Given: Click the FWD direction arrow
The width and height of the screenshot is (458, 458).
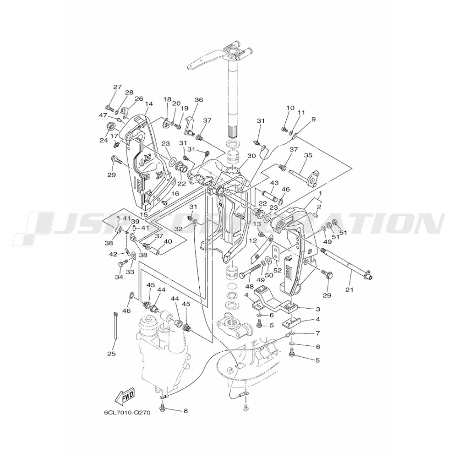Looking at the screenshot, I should (x=125, y=396).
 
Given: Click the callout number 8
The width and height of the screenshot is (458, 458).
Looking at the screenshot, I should (x=185, y=410).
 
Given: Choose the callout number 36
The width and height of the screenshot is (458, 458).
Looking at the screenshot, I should (x=198, y=100).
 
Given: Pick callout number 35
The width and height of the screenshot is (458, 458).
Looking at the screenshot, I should (x=308, y=155).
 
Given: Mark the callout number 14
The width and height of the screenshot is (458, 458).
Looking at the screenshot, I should (x=148, y=104).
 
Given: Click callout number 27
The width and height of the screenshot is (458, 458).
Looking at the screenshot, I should (x=105, y=87).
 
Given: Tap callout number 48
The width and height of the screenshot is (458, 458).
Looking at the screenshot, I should (x=250, y=286).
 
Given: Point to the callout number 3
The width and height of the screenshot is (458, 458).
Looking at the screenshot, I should (x=317, y=310).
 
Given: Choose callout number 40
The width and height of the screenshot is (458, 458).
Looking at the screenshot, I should (x=168, y=241).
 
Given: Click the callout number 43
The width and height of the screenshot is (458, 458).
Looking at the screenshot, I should (x=274, y=183).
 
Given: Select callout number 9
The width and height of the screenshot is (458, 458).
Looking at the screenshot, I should (x=313, y=120).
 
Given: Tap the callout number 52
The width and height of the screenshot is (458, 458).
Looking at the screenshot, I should (x=278, y=271).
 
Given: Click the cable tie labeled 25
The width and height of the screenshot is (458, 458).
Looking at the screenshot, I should (x=114, y=326).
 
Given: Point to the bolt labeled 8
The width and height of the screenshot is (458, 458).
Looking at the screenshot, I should (x=163, y=407).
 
